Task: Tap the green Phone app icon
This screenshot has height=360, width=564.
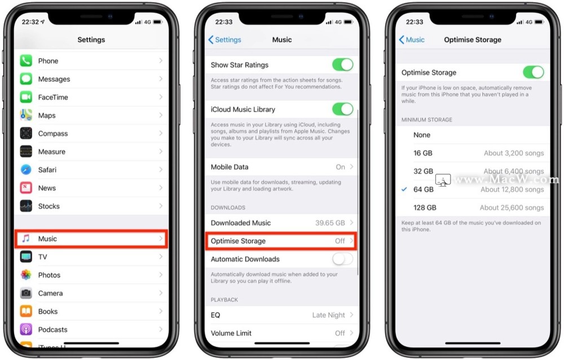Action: click(26, 61)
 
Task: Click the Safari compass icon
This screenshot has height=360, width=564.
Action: click(26, 169)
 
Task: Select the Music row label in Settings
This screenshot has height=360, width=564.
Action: click(47, 239)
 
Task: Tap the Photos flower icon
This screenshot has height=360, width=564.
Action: click(26, 275)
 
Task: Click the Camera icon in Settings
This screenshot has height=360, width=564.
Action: click(26, 293)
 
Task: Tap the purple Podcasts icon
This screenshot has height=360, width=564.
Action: click(26, 330)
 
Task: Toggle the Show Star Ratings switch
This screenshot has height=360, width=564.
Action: click(343, 65)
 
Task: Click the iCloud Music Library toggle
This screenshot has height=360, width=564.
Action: click(343, 109)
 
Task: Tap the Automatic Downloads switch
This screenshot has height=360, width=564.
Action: click(343, 259)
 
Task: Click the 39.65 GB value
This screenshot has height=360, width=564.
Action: click(330, 223)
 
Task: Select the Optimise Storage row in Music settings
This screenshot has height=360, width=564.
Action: click(281, 241)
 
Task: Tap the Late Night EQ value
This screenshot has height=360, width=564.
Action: click(328, 315)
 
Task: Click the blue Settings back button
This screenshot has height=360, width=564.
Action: click(225, 39)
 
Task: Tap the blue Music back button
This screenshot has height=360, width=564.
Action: click(412, 39)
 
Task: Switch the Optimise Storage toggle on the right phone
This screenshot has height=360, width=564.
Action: click(534, 72)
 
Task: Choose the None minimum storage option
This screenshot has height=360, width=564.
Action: click(422, 135)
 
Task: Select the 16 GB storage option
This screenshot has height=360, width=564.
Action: click(422, 153)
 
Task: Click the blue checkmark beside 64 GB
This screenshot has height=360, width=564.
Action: click(404, 189)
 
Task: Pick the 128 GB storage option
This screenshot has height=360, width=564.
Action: click(425, 208)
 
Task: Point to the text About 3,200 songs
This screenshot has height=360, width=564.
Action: click(514, 153)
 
